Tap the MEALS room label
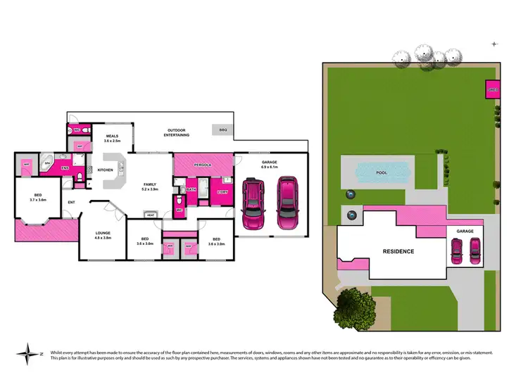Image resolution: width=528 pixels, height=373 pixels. [113, 136]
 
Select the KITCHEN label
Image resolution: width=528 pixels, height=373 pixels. [106, 170]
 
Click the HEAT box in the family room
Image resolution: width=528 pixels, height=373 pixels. [151, 215]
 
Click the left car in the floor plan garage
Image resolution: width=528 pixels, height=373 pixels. [253, 203]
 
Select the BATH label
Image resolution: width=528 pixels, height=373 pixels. [191, 189]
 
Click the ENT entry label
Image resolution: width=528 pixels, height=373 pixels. [71, 203]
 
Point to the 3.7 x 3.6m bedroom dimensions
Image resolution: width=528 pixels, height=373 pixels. [37, 200]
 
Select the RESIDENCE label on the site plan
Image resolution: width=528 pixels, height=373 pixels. [398, 251]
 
